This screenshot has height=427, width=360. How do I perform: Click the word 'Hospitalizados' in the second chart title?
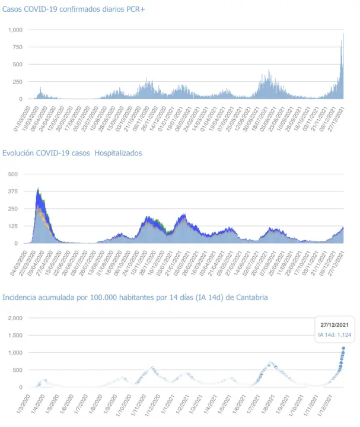118,153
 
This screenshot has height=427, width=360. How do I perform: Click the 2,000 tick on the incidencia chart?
13,318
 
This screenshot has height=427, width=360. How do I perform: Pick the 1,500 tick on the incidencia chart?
13,336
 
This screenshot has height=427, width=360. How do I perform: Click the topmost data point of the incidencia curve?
343,349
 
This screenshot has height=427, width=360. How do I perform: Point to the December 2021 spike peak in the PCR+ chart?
343,34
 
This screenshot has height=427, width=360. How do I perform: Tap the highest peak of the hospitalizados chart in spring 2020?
39,189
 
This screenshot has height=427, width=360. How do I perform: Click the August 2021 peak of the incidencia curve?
271,362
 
